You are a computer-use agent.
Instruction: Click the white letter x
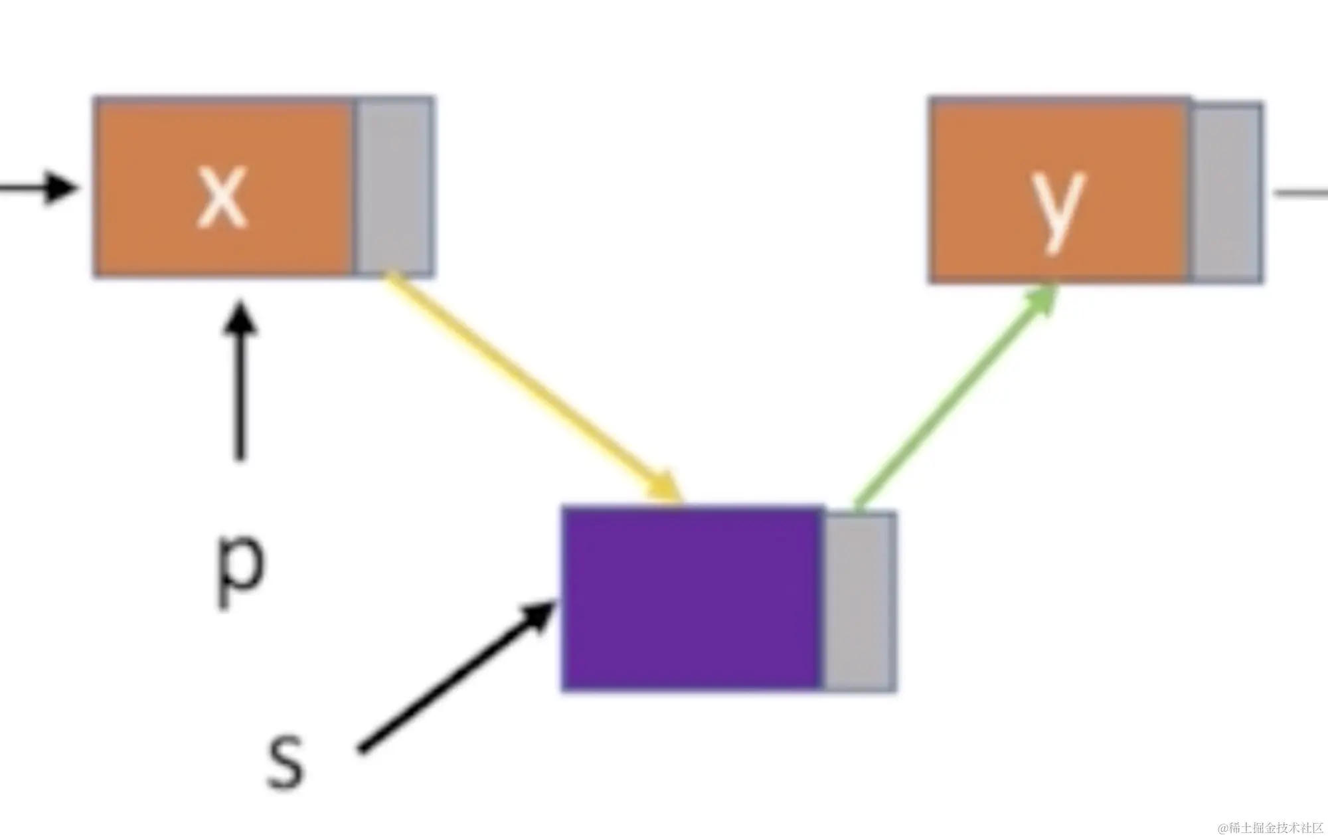[x=222, y=196]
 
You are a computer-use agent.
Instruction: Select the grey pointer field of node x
[x=394, y=186]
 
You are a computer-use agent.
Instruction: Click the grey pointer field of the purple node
[x=859, y=601]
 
